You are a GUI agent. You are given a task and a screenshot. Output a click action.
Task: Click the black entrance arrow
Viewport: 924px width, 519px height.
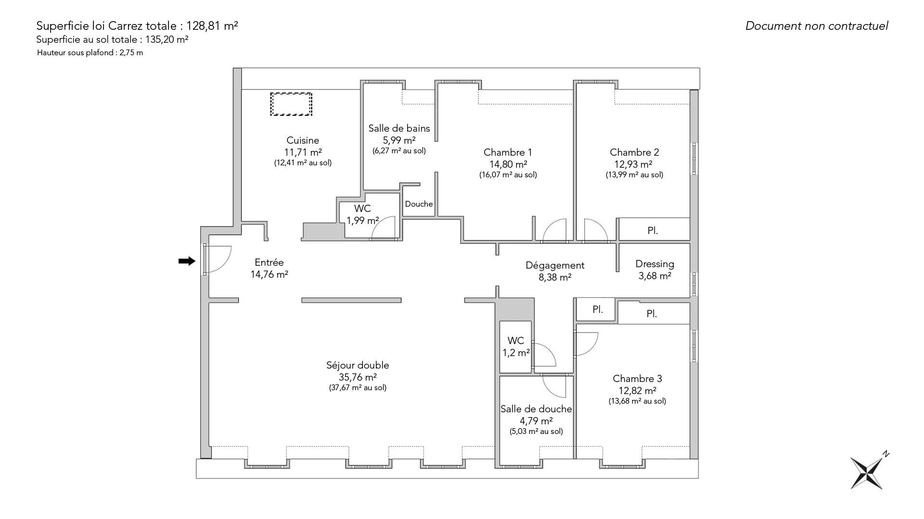coord(187,261)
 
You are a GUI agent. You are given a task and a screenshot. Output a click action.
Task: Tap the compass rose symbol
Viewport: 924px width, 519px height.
coord(868,472)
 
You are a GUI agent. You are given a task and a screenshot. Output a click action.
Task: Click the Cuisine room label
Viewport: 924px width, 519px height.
coord(303,140)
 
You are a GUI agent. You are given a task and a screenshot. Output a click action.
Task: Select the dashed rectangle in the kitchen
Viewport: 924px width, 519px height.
coord(291,104)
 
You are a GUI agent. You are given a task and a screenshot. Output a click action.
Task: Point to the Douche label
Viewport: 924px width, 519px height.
coord(419,204)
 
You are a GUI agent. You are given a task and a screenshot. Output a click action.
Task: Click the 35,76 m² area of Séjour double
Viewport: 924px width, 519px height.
coord(358,377)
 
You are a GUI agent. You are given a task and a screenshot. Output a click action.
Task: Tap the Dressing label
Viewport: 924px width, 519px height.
coord(654,264)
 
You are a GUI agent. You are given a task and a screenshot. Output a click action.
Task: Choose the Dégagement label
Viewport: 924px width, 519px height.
coord(555,265)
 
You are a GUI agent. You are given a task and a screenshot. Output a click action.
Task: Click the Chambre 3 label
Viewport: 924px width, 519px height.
coord(637,379)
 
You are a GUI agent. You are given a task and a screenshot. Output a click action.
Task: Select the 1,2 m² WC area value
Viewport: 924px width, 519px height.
coord(516,353)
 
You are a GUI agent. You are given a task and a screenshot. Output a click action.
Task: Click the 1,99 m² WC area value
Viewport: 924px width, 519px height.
coord(363,221)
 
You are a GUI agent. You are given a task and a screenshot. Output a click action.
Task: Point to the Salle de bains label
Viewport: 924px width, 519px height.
coord(399,128)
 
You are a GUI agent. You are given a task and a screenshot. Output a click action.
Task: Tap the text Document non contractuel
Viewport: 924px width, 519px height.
coord(817,26)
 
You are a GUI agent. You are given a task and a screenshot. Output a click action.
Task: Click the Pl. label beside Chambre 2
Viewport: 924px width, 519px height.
coord(653,231)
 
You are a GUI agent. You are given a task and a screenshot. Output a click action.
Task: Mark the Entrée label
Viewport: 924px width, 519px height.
coord(269,262)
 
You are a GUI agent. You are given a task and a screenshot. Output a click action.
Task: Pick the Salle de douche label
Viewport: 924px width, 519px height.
coord(536,409)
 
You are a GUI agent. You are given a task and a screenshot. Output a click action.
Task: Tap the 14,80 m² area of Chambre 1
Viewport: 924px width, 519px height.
coord(508,164)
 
